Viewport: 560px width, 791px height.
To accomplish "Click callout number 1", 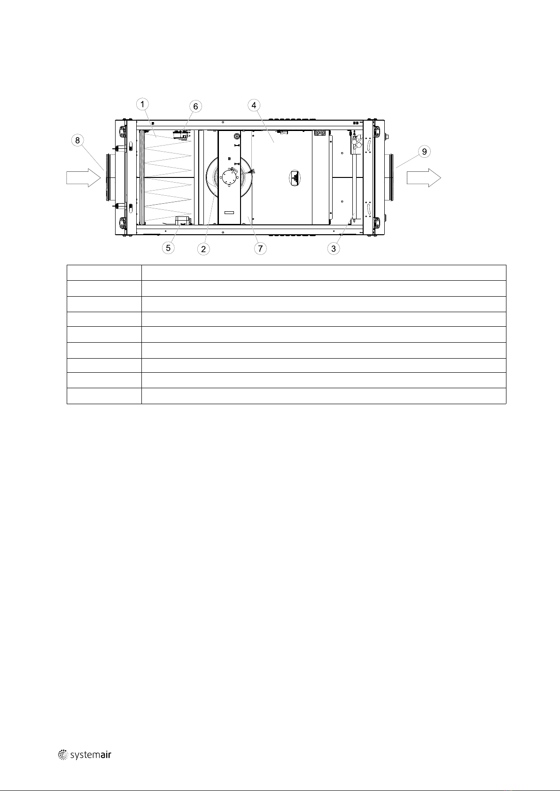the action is (x=142, y=104).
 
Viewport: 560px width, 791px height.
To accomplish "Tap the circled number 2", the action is (x=203, y=249).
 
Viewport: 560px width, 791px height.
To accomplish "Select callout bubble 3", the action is (x=334, y=249).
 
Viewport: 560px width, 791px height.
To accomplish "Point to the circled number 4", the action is (x=254, y=105).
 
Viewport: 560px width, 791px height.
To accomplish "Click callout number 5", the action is (x=168, y=248).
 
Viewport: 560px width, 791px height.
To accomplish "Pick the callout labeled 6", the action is (x=195, y=106).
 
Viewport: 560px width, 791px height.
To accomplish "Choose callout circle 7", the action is (x=260, y=248).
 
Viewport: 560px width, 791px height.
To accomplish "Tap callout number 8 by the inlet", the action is (x=78, y=140).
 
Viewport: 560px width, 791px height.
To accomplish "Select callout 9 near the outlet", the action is (x=424, y=152).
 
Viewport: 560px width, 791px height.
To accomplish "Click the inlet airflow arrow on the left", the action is (x=84, y=177).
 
